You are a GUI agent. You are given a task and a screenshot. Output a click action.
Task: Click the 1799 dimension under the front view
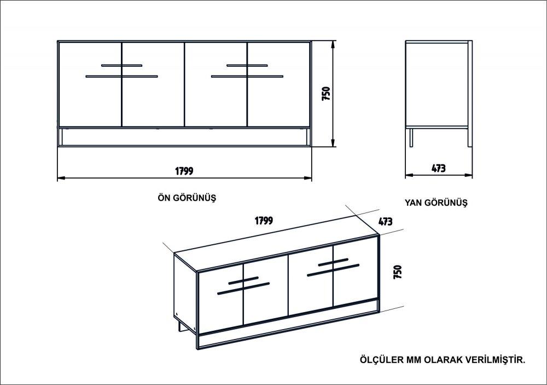click(184, 170)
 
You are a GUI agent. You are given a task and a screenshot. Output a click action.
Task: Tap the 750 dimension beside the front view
click(325, 94)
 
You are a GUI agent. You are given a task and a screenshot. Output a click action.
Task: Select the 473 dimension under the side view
click(439, 169)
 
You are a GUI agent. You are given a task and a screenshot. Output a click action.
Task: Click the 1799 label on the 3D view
click(264, 221)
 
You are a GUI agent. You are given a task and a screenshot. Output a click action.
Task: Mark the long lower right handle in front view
click(247, 76)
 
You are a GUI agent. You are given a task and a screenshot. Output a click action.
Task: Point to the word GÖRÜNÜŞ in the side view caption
click(447, 202)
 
